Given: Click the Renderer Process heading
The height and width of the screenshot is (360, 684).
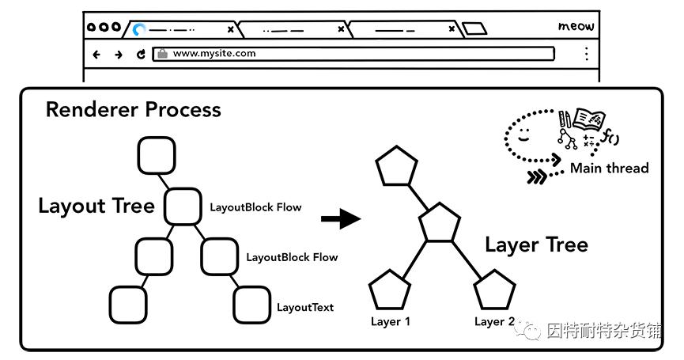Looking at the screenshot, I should pyautogui.click(x=133, y=109).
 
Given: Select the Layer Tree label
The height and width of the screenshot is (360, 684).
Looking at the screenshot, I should pyautogui.click(x=536, y=244).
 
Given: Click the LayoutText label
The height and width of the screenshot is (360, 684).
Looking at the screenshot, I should pyautogui.click(x=304, y=307).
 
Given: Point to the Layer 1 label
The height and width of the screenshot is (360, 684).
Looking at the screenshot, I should pyautogui.click(x=391, y=322).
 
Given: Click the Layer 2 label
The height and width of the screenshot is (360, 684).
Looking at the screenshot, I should pyautogui.click(x=494, y=322).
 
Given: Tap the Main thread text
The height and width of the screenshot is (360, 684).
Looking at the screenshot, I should pyautogui.click(x=609, y=168).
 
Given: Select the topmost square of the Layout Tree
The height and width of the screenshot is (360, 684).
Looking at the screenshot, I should pyautogui.click(x=156, y=155).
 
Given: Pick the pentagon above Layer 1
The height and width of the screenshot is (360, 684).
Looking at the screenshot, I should pyautogui.click(x=391, y=290).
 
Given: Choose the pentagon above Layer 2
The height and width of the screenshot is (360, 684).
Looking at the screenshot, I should pyautogui.click(x=494, y=290).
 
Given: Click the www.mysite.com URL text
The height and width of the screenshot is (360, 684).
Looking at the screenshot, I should pyautogui.click(x=214, y=54).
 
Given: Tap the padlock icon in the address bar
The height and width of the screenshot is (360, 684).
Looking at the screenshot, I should pyautogui.click(x=162, y=54).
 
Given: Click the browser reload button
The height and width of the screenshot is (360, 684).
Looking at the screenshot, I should pyautogui.click(x=141, y=55).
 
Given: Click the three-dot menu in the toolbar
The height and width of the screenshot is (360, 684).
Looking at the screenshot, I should pyautogui.click(x=586, y=54).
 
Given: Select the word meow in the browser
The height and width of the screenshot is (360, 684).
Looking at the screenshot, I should pyautogui.click(x=576, y=26).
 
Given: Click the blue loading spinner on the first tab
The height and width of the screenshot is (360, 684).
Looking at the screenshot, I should pyautogui.click(x=139, y=29).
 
